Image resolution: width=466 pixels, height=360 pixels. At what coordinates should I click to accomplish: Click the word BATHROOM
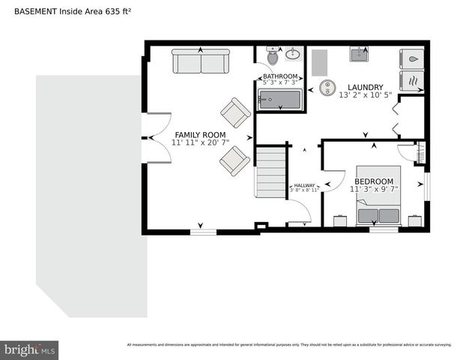tap(280, 76)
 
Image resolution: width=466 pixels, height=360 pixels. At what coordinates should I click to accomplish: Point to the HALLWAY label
tap(304, 185)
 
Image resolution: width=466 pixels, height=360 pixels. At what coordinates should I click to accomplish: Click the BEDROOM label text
tap(373, 181)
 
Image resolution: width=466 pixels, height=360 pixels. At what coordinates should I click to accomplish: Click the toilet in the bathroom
tap(272, 57)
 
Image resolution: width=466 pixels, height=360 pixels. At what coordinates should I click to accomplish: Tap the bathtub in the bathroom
tap(279, 100)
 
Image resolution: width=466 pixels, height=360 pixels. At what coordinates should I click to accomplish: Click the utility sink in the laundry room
tap(359, 54)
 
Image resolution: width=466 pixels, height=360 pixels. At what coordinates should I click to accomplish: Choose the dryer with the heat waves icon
tap(412, 80)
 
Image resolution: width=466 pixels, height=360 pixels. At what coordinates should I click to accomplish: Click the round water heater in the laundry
tap(327, 88)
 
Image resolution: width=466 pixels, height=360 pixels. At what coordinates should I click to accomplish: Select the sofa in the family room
tap(201, 61)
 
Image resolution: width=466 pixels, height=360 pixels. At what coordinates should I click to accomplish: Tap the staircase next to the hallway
tap(270, 172)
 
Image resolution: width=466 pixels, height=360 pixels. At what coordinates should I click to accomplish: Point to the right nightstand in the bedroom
tap(414, 220)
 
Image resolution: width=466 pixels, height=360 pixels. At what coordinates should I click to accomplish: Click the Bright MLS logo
tap(29, 349)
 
